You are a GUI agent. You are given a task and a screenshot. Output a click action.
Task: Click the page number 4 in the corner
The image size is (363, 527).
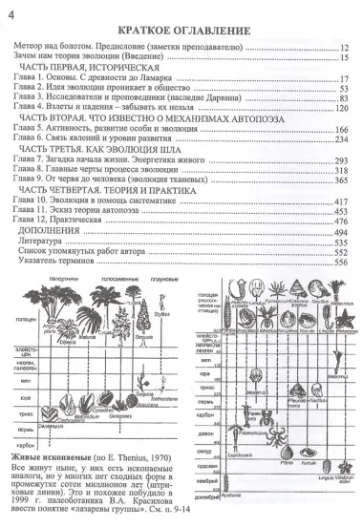(11, 11)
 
